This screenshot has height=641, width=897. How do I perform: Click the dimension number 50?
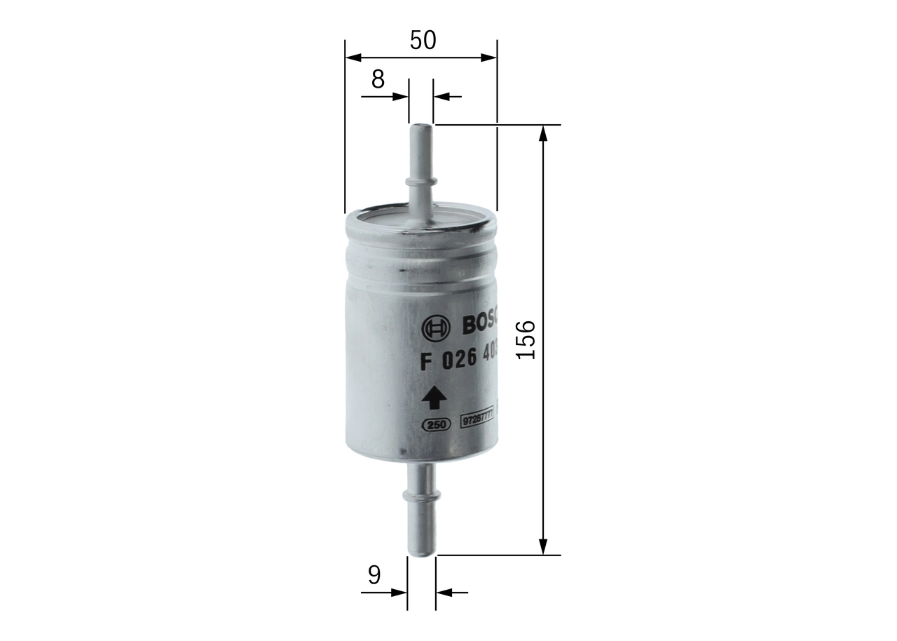pyautogui.click(x=423, y=41)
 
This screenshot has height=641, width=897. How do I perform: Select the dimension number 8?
pyautogui.click(x=378, y=80)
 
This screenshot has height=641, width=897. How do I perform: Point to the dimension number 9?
pyautogui.click(x=374, y=575)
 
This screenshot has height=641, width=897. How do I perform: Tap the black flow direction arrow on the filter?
pyautogui.click(x=434, y=398)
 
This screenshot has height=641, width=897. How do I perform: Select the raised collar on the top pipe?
pyautogui.click(x=421, y=182)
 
